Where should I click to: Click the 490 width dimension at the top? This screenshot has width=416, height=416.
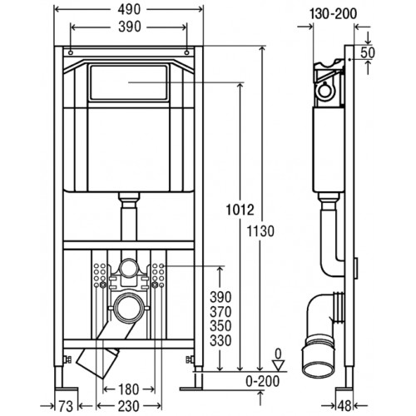[129, 10]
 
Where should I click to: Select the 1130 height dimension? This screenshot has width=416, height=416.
[260, 231]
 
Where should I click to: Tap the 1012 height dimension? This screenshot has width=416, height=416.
[240, 210]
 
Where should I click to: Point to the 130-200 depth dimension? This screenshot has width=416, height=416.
[333, 14]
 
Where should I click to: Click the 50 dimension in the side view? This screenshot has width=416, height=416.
[368, 52]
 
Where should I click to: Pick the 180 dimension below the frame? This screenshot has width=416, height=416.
[128, 389]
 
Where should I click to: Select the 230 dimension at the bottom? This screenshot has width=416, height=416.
[128, 407]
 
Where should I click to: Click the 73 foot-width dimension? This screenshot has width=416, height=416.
[66, 407]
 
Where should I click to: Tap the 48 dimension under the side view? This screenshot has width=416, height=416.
[344, 406]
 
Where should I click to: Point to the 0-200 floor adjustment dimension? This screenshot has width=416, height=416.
[262, 381]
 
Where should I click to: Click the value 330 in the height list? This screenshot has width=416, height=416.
[220, 340]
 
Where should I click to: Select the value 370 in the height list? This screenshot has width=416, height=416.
[220, 312]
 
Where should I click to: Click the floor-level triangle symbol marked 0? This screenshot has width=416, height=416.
[279, 365]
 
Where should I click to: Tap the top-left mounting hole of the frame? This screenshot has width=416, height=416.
[71, 52]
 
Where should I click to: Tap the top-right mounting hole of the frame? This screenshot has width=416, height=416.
[187, 52]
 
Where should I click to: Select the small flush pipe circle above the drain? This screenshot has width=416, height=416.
[128, 268]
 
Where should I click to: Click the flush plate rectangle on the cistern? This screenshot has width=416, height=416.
[128, 82]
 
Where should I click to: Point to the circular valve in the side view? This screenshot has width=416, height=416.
[325, 92]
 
